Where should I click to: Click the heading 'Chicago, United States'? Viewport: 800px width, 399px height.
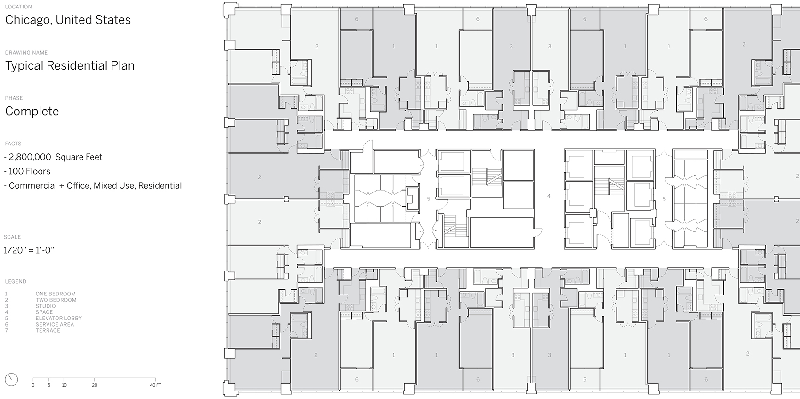[68, 20]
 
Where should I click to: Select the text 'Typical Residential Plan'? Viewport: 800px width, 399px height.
[70, 66]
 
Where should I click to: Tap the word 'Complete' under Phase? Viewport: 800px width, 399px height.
[32, 112]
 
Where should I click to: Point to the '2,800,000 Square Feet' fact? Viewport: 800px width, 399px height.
[53, 157]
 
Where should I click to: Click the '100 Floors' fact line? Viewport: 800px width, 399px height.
[27, 171]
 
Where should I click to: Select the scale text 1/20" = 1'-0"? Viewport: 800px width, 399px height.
[29, 250]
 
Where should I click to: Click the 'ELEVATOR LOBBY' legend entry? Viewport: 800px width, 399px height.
[58, 318]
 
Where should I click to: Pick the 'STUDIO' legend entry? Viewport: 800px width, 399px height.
[46, 306]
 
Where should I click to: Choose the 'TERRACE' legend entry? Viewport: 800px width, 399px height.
[48, 330]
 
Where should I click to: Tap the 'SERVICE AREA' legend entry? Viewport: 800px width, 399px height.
[55, 324]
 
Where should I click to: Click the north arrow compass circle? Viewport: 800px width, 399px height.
[11, 380]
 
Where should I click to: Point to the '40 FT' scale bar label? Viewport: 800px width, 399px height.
[156, 385]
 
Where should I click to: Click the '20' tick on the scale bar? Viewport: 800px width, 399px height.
[94, 385]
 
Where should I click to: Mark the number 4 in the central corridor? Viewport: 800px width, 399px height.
[549, 196]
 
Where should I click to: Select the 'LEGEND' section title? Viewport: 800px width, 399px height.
[16, 281]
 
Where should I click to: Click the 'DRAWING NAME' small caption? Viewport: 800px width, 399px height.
[26, 53]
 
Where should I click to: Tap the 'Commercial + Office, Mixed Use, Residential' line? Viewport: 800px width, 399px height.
[93, 186]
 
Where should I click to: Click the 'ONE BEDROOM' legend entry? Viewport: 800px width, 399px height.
[56, 294]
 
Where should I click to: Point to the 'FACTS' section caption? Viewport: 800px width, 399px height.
[13, 144]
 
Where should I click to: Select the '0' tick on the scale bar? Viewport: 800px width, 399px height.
[33, 385]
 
